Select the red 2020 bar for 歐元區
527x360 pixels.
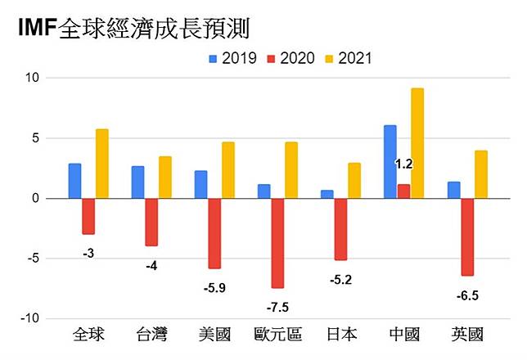pyautogui.click(x=277, y=243)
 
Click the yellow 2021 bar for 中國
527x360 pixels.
pyautogui.click(x=417, y=143)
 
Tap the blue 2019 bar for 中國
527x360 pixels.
pyautogui.click(x=390, y=161)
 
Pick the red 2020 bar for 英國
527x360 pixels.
pyautogui.click(x=467, y=236)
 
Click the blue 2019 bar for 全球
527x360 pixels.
pyautogui.click(x=74, y=181)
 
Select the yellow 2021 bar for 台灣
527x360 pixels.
pyautogui.click(x=165, y=177)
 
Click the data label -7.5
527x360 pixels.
pyautogui.click(x=278, y=308)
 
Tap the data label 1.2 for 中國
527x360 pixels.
pyautogui.click(x=403, y=164)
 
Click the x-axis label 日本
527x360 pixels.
pyautogui.click(x=341, y=335)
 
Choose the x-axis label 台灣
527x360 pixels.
pyautogui.click(x=151, y=335)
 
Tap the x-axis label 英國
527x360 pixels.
pyautogui.click(x=467, y=335)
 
